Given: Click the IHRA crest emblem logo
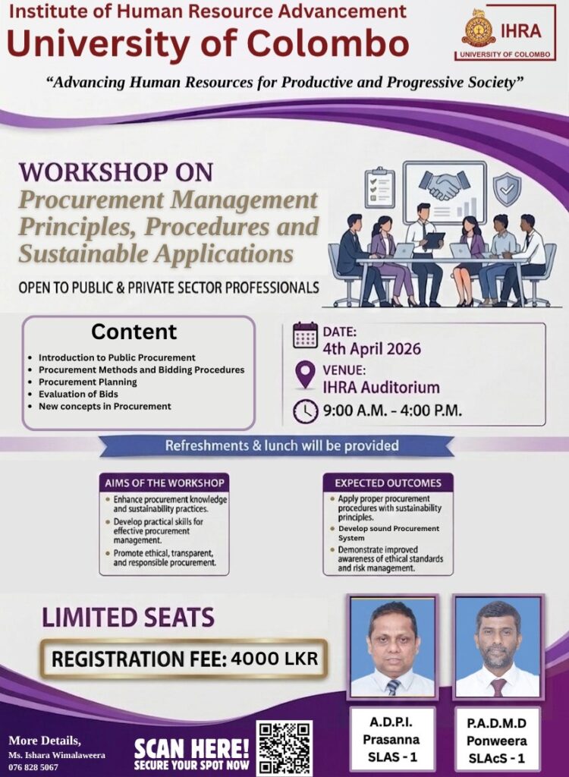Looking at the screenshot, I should (479, 28).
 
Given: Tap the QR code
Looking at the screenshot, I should (284, 747).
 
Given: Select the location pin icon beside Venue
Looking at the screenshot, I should (305, 374).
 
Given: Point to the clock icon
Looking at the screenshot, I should (305, 411).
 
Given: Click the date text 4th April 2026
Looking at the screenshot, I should (372, 349).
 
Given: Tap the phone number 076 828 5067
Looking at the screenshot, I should (33, 767).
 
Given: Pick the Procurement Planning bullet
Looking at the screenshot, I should (87, 382).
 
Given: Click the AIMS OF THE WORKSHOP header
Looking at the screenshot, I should (163, 483).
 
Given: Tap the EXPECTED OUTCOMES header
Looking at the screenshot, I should (388, 483).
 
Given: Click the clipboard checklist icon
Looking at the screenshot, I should (379, 187).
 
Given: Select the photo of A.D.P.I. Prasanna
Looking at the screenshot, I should (392, 646).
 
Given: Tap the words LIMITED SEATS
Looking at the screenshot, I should (127, 618).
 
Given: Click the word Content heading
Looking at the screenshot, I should (134, 332).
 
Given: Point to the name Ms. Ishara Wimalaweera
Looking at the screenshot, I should (56, 755).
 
